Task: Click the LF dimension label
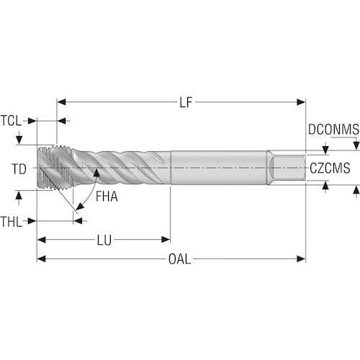186,102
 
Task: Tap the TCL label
12,121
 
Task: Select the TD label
19,169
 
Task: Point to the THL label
12,222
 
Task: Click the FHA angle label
107,197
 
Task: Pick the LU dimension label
104,240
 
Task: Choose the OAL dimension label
180,259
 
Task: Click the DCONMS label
333,130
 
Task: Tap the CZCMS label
330,168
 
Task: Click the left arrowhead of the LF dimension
61,102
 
